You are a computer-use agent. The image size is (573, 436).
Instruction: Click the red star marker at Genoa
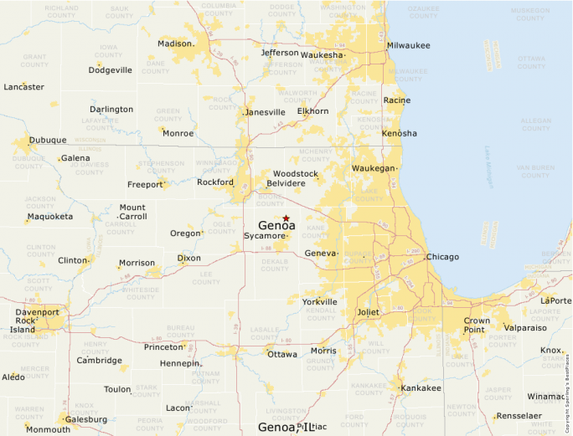click(286, 218)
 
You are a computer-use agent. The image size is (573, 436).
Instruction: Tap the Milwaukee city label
click(409, 45)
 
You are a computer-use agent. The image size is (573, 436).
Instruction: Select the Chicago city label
click(442, 257)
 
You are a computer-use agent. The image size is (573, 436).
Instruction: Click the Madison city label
click(175, 44)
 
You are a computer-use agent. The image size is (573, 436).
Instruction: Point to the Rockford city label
click(215, 182)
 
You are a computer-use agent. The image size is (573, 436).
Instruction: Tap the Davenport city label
click(38, 312)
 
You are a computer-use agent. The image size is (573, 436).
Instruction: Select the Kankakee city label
click(421, 388)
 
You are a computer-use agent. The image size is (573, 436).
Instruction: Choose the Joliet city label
click(369, 312)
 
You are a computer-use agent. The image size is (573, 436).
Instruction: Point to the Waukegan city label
click(373, 168)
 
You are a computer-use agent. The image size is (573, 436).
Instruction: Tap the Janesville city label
click(265, 112)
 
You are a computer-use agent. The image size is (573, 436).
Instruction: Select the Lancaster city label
click(24, 87)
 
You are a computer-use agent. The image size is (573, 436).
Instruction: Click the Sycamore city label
click(265, 236)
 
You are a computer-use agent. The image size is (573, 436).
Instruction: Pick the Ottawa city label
click(282, 354)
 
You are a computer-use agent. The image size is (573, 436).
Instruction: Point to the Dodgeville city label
click(111, 70)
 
